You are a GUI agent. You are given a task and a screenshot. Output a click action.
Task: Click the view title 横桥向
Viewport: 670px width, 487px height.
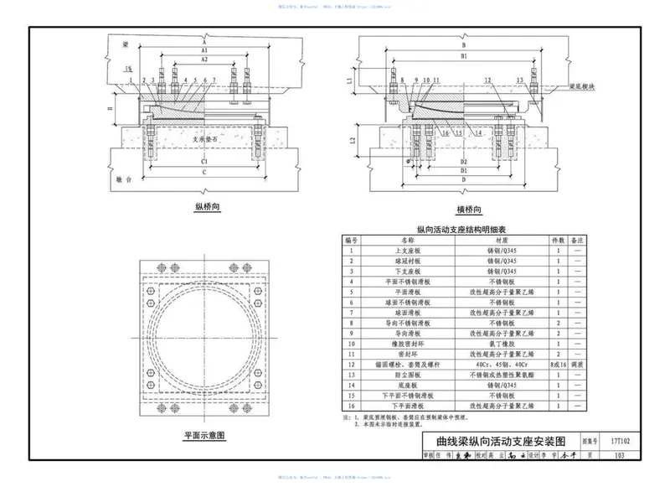click(x=473, y=210)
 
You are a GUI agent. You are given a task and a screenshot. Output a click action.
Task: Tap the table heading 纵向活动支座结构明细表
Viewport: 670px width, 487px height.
click(x=466, y=229)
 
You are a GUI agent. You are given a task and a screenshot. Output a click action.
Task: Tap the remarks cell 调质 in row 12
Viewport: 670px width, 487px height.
click(x=577, y=365)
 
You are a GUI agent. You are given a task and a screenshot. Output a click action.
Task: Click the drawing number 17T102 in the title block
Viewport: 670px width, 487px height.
click(x=619, y=438)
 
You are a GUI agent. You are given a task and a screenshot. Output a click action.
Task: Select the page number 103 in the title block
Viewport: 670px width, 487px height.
click(x=619, y=456)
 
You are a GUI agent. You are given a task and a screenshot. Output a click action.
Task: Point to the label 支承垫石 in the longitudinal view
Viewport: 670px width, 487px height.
click(x=204, y=140)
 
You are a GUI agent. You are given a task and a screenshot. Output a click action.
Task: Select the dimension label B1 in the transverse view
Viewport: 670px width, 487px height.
click(x=463, y=56)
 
